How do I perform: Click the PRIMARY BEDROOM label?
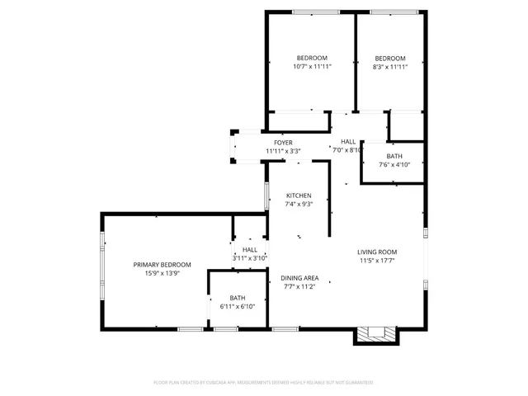(163, 265)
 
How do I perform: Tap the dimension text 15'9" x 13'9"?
(163, 273)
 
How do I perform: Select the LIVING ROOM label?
(377, 252)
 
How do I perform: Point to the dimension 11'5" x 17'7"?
(377, 261)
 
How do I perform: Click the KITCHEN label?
(299, 196)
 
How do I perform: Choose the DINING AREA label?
(299, 279)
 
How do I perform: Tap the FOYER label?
(283, 143)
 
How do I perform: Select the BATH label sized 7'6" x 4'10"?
(394, 156)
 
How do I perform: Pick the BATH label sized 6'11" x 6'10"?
(238, 298)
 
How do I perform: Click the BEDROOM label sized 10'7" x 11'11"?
(312, 58)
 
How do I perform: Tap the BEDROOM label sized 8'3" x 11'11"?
(390, 58)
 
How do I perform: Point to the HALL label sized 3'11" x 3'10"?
(250, 249)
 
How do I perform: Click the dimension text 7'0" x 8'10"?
(347, 150)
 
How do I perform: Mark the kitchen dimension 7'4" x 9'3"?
(299, 204)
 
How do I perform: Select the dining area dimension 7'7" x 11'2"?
(299, 288)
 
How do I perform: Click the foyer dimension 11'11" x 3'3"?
(283, 151)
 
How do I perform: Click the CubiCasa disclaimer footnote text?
(264, 383)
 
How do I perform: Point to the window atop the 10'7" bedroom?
(309, 12)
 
